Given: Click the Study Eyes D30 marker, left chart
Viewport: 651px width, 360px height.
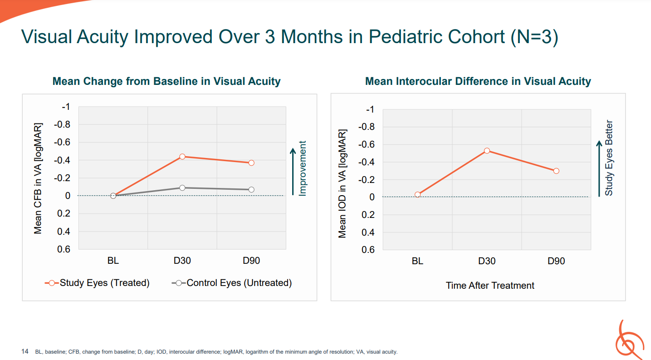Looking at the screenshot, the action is pos(182,157).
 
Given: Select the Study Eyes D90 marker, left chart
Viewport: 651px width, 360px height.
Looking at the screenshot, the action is pos(251,163).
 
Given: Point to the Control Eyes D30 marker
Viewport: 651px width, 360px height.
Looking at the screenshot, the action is pos(182,188).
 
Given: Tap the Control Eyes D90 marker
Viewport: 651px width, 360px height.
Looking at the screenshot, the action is pos(251,190).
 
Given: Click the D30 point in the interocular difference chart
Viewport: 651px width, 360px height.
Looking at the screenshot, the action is pos(487,151).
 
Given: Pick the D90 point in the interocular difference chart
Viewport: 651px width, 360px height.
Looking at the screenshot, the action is pos(556,171).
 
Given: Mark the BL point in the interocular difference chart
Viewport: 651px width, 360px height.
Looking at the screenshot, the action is pos(417,195).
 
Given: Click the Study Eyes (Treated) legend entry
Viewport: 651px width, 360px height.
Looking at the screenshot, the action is pos(97,283).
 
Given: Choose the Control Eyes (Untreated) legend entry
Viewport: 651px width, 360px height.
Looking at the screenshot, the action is pos(232,283).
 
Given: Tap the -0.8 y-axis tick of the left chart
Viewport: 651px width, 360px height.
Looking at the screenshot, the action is pos(62,124).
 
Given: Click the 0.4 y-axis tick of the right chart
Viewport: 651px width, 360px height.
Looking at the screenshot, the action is pos(368,232).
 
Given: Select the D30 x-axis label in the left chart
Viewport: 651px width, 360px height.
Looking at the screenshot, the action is pos(182,261).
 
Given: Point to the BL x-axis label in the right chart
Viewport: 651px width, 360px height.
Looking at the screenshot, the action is pos(417,261).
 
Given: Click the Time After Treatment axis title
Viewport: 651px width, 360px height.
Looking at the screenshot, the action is pos(490,286).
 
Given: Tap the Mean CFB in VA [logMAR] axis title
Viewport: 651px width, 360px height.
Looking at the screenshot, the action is pos(38,178).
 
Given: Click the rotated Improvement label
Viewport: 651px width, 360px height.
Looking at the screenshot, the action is pos(303,168).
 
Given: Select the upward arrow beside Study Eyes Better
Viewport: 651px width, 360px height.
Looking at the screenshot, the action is pos(599,169).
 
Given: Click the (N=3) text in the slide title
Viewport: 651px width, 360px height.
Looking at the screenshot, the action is pos(534,37).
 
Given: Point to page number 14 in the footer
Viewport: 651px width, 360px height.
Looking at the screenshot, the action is pos(24,351).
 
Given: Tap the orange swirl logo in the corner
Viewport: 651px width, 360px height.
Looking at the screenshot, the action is pos(629,340).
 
